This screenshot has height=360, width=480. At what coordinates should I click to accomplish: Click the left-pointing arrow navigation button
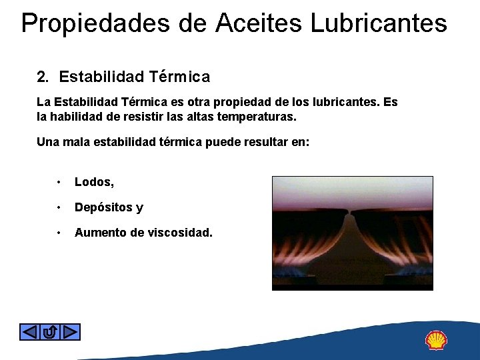pyautogui.click(x=29, y=331)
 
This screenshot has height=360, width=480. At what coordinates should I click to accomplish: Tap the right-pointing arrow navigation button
pyautogui.click(x=71, y=331)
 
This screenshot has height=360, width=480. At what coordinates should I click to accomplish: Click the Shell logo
pyautogui.click(x=436, y=341)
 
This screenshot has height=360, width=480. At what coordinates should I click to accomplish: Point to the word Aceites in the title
pyautogui.click(x=259, y=23)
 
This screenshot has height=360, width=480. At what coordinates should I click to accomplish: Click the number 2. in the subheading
pyautogui.click(x=43, y=77)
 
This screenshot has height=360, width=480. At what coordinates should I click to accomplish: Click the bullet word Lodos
pyautogui.click(x=93, y=182)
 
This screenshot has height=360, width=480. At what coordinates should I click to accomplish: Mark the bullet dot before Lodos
pyautogui.click(x=60, y=182)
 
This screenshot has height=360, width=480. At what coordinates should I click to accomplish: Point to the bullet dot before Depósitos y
pyautogui.click(x=60, y=207)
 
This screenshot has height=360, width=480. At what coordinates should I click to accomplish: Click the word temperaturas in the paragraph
pyautogui.click(x=256, y=117)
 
